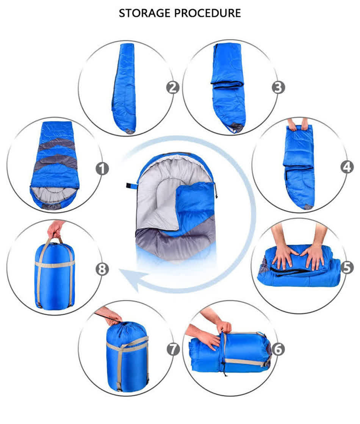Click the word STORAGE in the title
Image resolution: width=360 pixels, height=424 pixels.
pos(145,13)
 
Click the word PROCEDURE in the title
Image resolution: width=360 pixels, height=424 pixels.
pos(207,13)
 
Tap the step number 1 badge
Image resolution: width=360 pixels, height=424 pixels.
pos(102,169)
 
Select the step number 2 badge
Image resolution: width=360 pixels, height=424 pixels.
pos(172,88)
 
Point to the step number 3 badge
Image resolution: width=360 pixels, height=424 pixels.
pos(278,88)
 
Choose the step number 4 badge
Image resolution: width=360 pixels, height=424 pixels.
pos(347,167)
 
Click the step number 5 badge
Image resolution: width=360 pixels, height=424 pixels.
pos(347,268)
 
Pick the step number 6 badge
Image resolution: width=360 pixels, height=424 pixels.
pos(278,349)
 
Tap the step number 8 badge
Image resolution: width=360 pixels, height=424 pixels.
pos(102,269)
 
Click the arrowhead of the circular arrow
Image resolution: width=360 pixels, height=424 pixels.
pos(131,278)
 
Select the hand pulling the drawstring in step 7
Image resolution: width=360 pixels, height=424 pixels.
pos(110,316)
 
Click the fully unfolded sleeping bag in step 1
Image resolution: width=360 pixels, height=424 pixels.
pos(55,165)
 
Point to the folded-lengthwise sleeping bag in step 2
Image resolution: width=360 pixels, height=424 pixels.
pos(124,88)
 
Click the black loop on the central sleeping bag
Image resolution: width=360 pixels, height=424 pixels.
pos(131,186)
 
